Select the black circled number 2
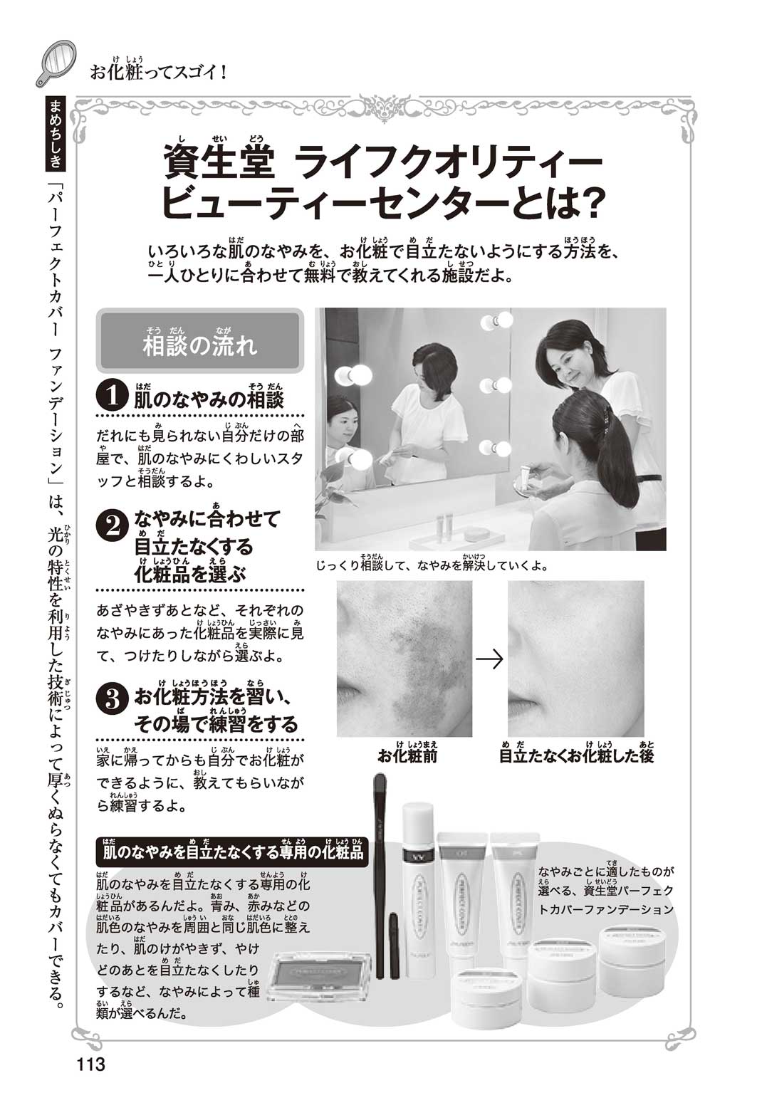pyautogui.click(x=113, y=527)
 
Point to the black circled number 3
pyautogui.click(x=113, y=701)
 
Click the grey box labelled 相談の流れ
pyautogui.click(x=200, y=341)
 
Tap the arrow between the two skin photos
pyautogui.click(x=489, y=659)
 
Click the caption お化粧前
pyautogui.click(x=407, y=755)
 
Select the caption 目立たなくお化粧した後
pyautogui.click(x=577, y=755)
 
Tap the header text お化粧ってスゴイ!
pyautogui.click(x=159, y=71)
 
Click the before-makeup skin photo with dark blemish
pyautogui.click(x=405, y=659)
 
